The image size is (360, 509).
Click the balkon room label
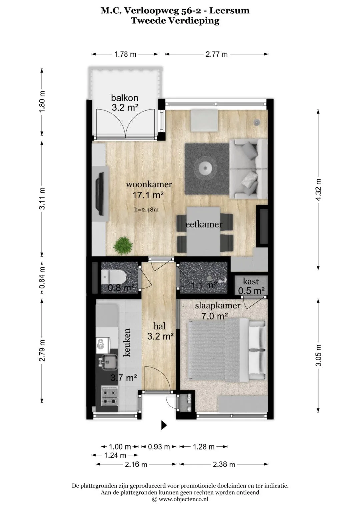point(125,98)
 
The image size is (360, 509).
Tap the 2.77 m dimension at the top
point(216,54)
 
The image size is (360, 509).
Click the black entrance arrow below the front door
point(164,425)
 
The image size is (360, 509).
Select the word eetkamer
point(204,225)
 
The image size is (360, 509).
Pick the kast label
point(251,281)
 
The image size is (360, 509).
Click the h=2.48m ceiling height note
point(146,210)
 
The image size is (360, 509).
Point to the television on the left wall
point(100,194)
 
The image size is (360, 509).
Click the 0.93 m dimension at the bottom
point(159,447)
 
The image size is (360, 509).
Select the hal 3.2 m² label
point(160,332)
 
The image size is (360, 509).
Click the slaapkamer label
point(217,306)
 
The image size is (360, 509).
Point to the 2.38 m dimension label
point(224,464)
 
